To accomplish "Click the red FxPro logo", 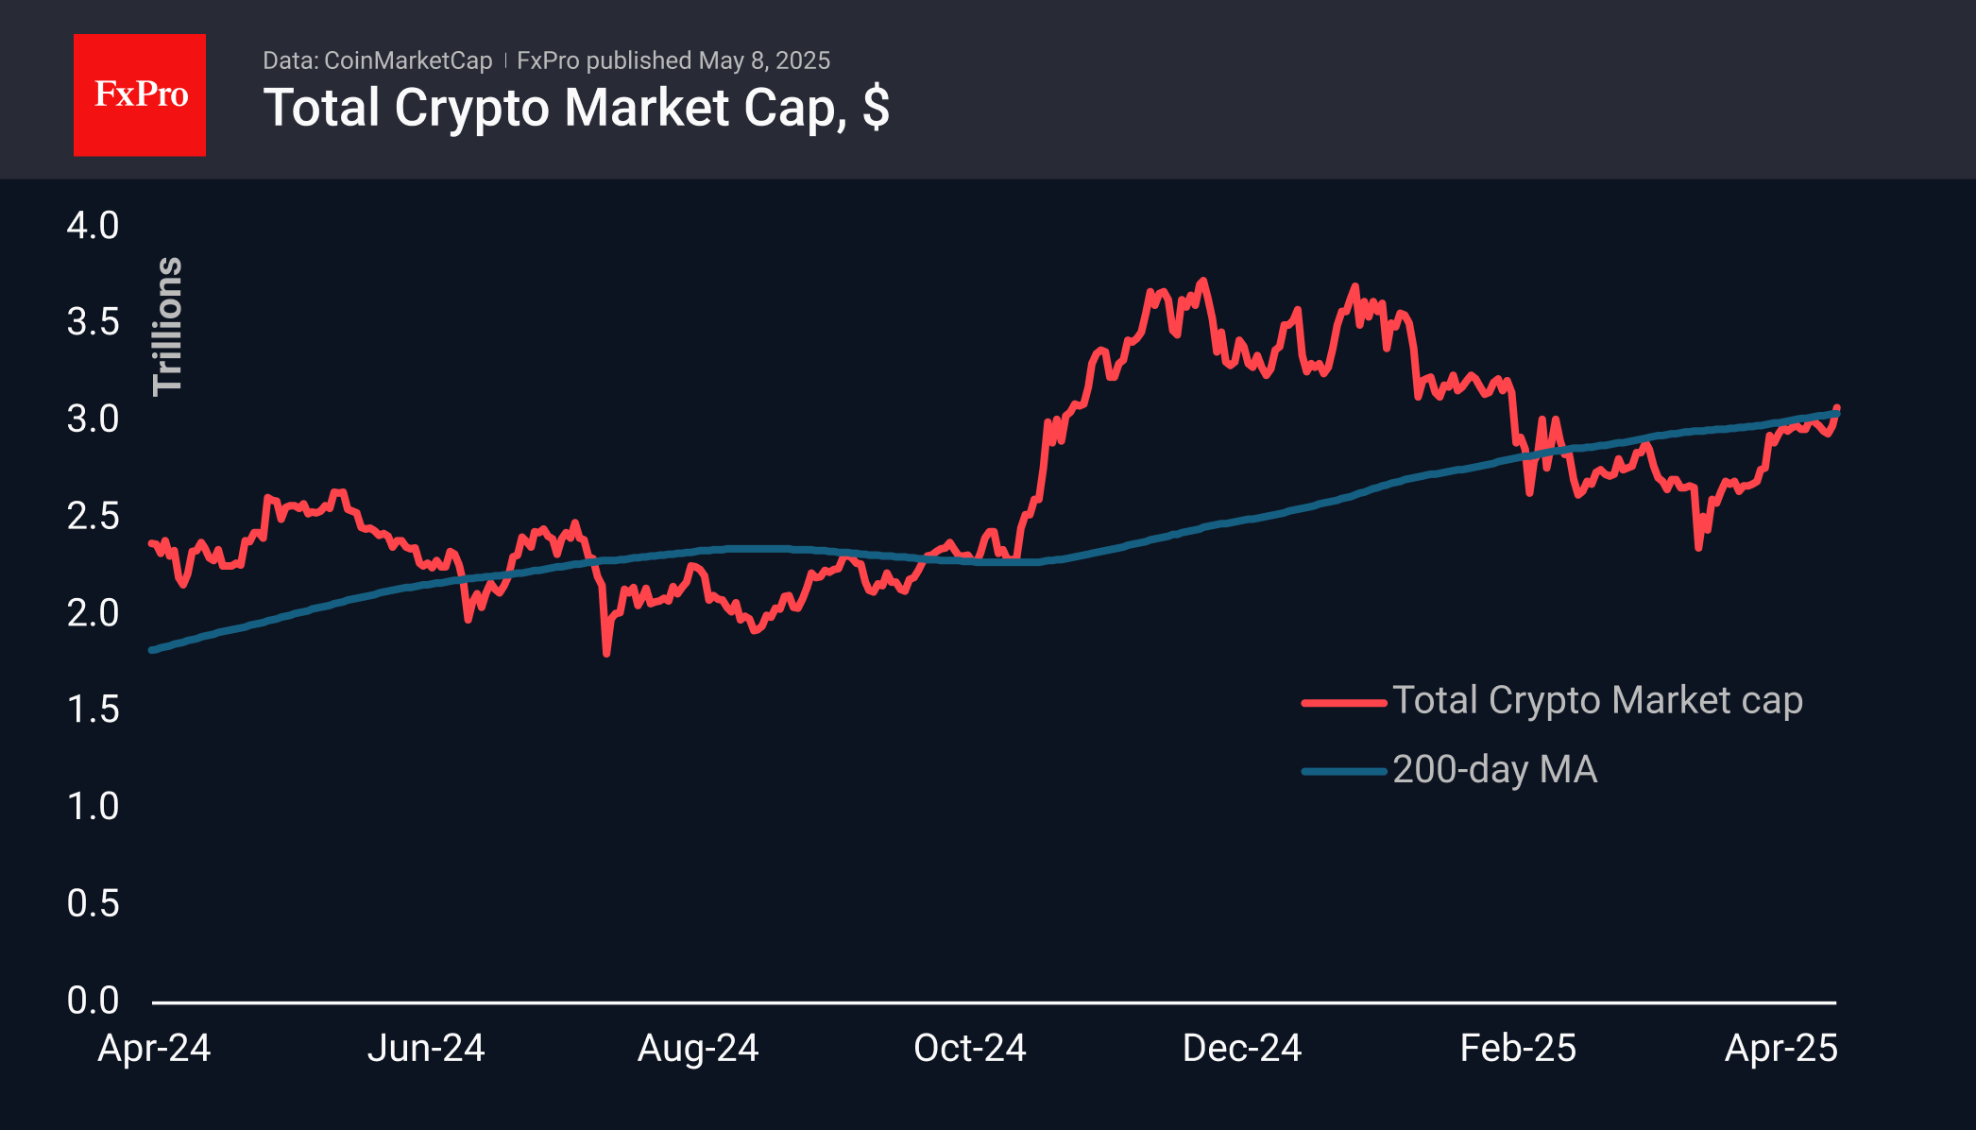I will coord(140,94).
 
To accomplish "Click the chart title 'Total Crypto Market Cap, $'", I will coord(576,108).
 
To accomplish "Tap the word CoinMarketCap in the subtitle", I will coord(408,60).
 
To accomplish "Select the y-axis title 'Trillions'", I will coord(168,326).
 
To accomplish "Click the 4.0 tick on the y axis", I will coord(93,226).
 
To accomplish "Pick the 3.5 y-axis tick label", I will coord(93,322).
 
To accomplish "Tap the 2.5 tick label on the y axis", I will coord(93,516).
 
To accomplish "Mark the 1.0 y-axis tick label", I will coord(93,806).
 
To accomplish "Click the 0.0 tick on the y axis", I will coord(93,1000).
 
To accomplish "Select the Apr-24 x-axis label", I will coord(154,1048).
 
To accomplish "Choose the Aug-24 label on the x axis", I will coord(698,1048).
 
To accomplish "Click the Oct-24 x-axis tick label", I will coord(970,1048).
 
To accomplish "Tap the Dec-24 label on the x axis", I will coord(1242,1048).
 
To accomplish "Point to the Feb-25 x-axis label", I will coord(1518,1048).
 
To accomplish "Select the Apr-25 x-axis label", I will coord(1781,1048).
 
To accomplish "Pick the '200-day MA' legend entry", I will coord(1494,770).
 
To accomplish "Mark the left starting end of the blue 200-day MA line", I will coord(153,650).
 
